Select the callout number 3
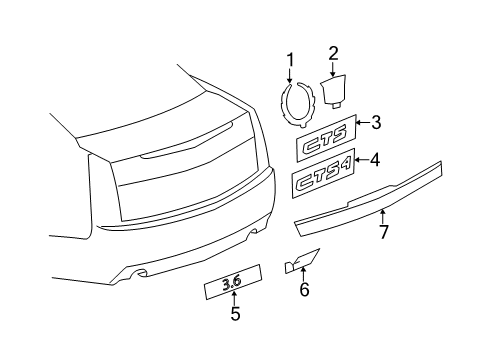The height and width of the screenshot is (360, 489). click(375, 124)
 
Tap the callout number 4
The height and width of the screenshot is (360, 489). click(375, 158)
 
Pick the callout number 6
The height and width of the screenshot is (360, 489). click(304, 291)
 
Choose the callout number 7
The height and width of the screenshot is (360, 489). click(381, 233)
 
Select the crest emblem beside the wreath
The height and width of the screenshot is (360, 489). click(332, 91)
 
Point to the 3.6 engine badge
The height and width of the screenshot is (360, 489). click(232, 282)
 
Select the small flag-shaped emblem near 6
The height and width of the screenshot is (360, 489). click(300, 262)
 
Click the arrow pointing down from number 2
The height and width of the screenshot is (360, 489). click(333, 66)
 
